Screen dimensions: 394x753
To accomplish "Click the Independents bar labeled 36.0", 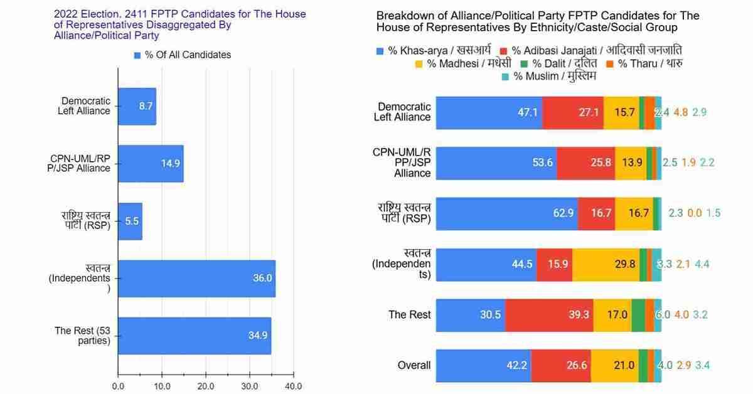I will tap(196, 279).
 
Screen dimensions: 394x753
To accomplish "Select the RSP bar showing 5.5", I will tap(130, 221).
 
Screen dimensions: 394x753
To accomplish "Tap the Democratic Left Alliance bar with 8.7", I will tap(137, 106).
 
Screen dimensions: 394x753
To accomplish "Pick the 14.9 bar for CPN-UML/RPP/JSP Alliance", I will tap(151, 164).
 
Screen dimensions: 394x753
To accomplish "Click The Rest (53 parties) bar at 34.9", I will tap(195, 336).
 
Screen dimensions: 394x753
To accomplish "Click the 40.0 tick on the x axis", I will tap(293, 386).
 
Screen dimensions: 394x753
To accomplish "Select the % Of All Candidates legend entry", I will tap(182, 55).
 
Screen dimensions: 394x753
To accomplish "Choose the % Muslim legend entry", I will tap(549, 77).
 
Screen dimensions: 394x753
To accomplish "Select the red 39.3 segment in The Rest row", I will tap(548, 315).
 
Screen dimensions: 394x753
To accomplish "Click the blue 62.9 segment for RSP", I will tap(506, 213).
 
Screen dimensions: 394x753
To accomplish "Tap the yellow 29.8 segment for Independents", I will tap(606, 264).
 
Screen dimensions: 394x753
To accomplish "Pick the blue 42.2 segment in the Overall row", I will tap(483, 366).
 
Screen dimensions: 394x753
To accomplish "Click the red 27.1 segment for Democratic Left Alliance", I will tap(572, 112).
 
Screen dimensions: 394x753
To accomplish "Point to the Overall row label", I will tap(414, 366).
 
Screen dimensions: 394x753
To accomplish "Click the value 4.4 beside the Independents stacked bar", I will tap(702, 264).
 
